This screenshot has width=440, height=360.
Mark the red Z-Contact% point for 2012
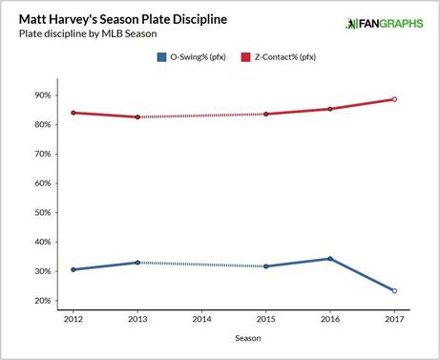[x=73, y=113]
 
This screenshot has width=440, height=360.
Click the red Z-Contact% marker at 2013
[x=137, y=116]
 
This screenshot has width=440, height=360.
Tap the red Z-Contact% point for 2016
[x=329, y=109]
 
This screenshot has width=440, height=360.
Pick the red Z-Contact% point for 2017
[x=393, y=99]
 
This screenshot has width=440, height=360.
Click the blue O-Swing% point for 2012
[x=73, y=269]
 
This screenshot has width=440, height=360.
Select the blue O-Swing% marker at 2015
[x=265, y=266]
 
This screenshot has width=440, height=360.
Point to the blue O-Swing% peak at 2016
[x=329, y=259]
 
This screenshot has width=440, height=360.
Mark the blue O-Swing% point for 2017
[x=393, y=290]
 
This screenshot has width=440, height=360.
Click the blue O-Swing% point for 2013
[x=137, y=263]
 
